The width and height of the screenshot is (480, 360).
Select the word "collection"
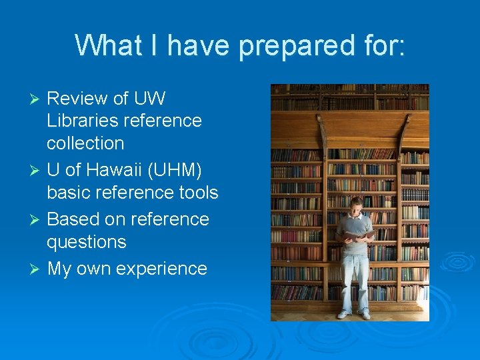coord(85,143)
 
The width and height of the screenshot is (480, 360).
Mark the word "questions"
coord(86,241)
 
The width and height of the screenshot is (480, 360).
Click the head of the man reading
coord(357,204)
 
